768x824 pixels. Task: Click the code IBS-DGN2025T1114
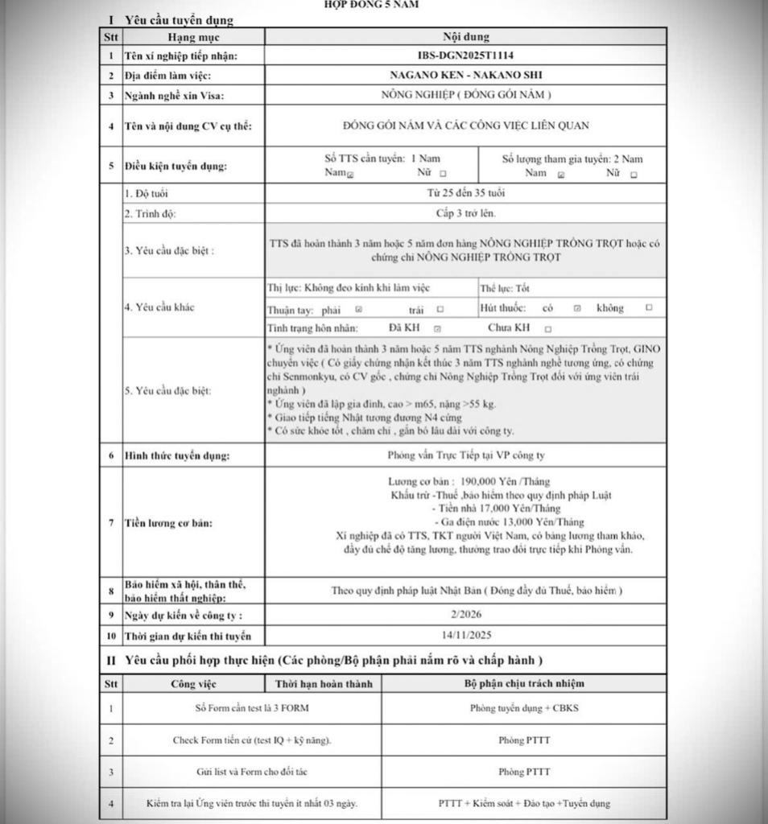click(x=465, y=56)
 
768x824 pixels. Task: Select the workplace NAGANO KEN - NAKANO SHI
click(x=465, y=75)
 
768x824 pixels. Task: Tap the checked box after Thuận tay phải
click(x=359, y=309)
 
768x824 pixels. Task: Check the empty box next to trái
click(x=440, y=309)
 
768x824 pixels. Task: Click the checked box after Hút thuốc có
click(x=577, y=308)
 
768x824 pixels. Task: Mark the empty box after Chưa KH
click(x=548, y=328)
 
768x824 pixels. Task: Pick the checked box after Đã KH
click(x=437, y=328)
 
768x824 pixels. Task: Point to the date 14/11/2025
click(x=465, y=635)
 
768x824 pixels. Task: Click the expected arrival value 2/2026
click(x=465, y=615)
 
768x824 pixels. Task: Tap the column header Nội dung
click(x=465, y=37)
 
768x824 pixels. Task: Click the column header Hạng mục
click(x=193, y=37)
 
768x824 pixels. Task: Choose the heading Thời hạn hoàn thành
click(x=323, y=684)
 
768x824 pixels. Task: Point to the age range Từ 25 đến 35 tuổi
click(x=465, y=193)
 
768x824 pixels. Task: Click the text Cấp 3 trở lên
click(x=465, y=213)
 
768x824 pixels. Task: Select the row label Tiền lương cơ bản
click(x=168, y=523)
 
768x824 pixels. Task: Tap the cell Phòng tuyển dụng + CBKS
click(x=524, y=709)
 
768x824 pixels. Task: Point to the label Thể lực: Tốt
click(x=505, y=288)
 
